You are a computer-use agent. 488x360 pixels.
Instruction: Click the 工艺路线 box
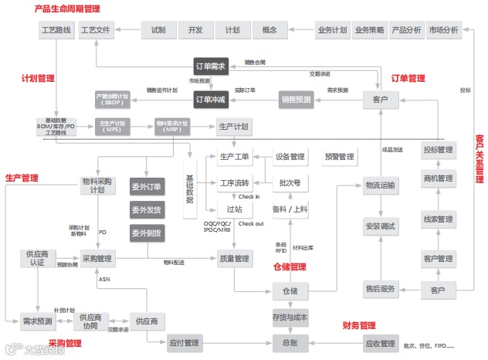pyautogui.click(x=55, y=31)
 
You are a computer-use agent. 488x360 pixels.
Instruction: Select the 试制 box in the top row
pyautogui.click(x=158, y=31)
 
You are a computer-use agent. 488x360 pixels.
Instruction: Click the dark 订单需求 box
pyautogui.click(x=211, y=66)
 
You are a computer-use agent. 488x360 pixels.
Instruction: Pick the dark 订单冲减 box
pyautogui.click(x=211, y=99)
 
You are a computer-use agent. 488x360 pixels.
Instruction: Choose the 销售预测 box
pyautogui.click(x=295, y=99)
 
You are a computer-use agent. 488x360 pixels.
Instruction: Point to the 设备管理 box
pyautogui.click(x=290, y=157)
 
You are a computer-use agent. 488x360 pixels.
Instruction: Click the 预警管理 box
pyautogui.click(x=339, y=157)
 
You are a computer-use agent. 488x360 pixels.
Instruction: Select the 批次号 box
pyautogui.click(x=290, y=183)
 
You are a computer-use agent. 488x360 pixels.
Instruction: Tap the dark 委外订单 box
pyautogui.click(x=145, y=187)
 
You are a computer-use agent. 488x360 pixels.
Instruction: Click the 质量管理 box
pyautogui.click(x=234, y=258)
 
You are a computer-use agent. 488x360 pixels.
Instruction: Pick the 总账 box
pyautogui.click(x=290, y=342)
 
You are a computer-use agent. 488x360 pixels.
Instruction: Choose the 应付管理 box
pyautogui.click(x=182, y=342)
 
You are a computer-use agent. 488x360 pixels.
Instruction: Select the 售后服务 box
pyautogui.click(x=381, y=290)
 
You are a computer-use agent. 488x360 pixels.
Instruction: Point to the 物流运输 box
pyautogui.click(x=381, y=185)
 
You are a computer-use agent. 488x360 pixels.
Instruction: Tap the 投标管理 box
pyautogui.click(x=438, y=150)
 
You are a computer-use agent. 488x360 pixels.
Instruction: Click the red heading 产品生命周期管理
pyautogui.click(x=67, y=8)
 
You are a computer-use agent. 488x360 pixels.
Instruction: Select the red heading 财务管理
pyautogui.click(x=358, y=325)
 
